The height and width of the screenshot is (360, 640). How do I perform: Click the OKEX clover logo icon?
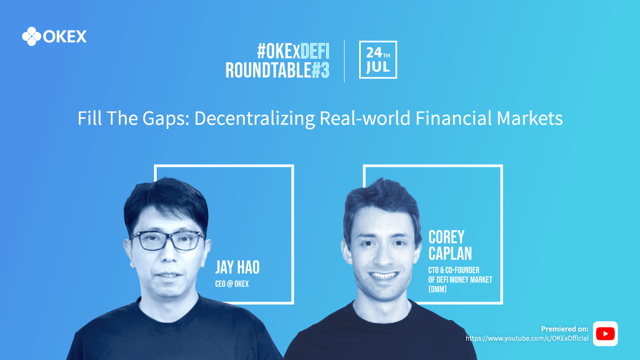click(x=31, y=36)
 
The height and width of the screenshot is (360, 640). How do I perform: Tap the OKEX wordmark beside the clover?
click(x=65, y=37)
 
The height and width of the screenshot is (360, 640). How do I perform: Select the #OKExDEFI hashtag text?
click(x=293, y=51)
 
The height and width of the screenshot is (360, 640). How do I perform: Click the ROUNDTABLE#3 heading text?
click(x=278, y=70)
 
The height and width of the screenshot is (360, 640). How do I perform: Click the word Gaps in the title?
click(x=166, y=118)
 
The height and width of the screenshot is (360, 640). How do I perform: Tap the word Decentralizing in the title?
click(x=254, y=118)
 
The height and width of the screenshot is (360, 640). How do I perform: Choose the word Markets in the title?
click(x=530, y=118)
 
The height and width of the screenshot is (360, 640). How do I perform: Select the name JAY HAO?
click(x=238, y=267)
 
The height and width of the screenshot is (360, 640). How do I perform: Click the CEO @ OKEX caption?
click(x=232, y=284)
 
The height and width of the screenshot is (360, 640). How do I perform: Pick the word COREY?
click(x=446, y=237)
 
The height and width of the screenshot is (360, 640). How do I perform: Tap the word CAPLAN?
click(x=450, y=253)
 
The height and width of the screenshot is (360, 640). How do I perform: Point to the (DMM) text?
click(x=438, y=289)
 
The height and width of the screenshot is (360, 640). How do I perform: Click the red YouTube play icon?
click(x=605, y=334)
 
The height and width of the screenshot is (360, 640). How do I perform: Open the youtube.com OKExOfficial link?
click(x=527, y=339)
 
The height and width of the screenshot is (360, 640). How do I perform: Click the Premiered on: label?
click(x=565, y=329)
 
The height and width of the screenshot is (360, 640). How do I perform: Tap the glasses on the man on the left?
click(x=168, y=241)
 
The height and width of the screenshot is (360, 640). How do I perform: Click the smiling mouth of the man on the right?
click(x=383, y=275)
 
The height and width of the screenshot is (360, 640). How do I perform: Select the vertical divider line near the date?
click(x=344, y=61)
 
